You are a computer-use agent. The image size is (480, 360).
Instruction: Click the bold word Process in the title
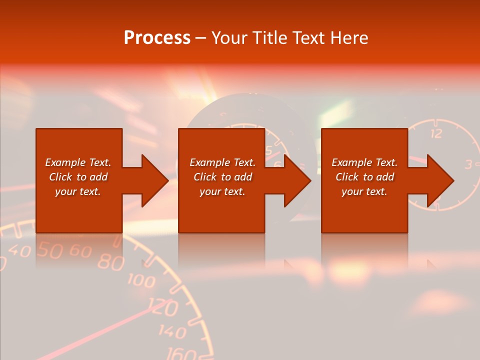click(x=157, y=38)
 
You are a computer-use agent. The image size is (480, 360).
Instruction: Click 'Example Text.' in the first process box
click(x=78, y=162)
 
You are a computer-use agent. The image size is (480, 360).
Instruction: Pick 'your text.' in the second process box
click(x=222, y=191)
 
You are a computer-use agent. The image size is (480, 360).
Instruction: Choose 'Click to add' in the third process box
click(x=364, y=177)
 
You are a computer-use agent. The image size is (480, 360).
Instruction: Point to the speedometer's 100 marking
click(x=141, y=280)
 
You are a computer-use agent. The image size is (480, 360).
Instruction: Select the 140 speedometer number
click(x=173, y=331)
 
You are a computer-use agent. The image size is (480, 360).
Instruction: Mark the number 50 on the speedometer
click(x=50, y=249)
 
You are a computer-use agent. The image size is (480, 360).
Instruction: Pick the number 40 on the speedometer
click(x=20, y=250)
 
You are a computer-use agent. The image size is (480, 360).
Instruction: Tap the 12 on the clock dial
click(x=436, y=133)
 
